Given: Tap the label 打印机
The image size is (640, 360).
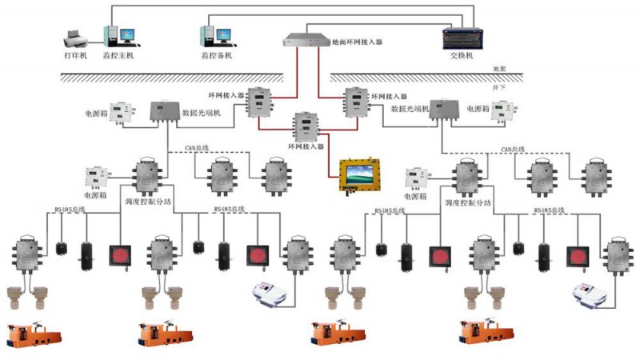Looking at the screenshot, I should tap(75, 57).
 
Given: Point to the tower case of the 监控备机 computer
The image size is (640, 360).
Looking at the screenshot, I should tap(206, 36).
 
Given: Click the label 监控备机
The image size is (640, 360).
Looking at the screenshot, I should tap(217, 57).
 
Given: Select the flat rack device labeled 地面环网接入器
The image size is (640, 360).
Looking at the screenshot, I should tap(306, 38).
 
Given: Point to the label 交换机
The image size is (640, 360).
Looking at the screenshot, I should tap(462, 57).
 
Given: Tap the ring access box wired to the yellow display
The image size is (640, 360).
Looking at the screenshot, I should tap(306, 126).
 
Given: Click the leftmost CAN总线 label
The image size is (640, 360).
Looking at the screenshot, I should tap(197, 149).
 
